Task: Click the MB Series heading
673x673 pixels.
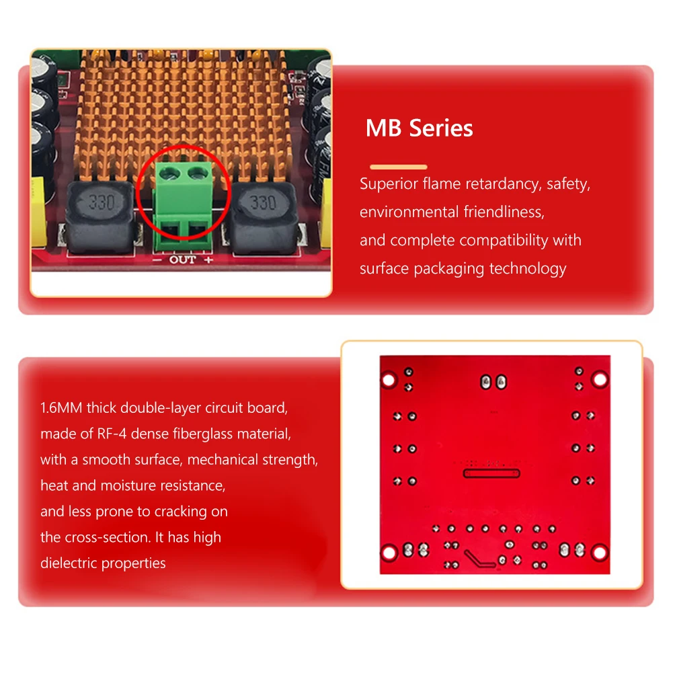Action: pyautogui.click(x=419, y=128)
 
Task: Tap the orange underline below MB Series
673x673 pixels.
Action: pyautogui.click(x=399, y=167)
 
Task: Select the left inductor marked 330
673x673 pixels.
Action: pyautogui.click(x=102, y=203)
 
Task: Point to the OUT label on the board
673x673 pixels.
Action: pyautogui.click(x=182, y=260)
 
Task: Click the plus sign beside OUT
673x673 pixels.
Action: pyautogui.click(x=208, y=260)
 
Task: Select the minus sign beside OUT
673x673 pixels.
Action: pyautogui.click(x=156, y=260)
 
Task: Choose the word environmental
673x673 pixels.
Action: pyautogui.click(x=409, y=212)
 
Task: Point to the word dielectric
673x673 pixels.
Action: pyautogui.click(x=68, y=563)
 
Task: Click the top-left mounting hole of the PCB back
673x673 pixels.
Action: pyautogui.click(x=389, y=381)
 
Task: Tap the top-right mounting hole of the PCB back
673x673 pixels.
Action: pyautogui.click(x=598, y=381)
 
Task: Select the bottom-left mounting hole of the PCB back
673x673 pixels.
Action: pyautogui.click(x=389, y=553)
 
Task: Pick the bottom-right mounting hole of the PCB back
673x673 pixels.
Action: pyautogui.click(x=598, y=553)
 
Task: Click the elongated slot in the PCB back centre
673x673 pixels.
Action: pyautogui.click(x=490, y=473)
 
